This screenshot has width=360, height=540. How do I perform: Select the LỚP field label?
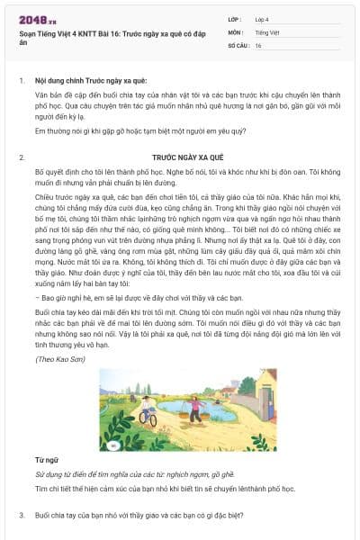click(235, 18)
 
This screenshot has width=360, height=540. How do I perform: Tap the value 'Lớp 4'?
click(262, 18)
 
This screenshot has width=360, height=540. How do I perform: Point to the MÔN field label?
click(235, 31)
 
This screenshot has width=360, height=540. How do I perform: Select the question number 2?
click(22, 157)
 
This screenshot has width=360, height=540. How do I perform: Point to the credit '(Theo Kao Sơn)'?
click(55, 359)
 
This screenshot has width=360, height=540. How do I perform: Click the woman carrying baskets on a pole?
click(194, 409)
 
